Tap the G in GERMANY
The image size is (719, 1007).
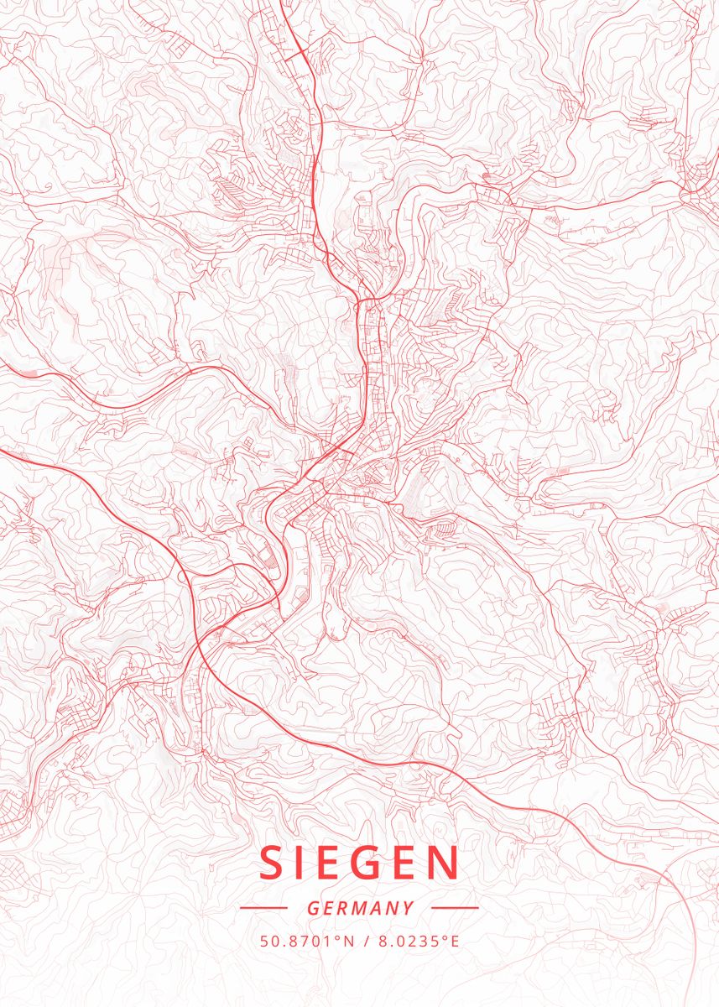(x=312, y=908)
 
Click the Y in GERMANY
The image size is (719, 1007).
(x=409, y=908)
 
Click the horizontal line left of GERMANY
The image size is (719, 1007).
(x=263, y=908)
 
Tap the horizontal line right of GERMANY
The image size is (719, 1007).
(x=455, y=908)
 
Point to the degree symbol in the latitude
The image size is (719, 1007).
(x=340, y=937)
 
